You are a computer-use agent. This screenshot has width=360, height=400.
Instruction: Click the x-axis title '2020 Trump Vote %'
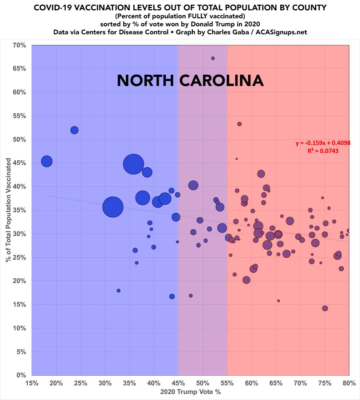pyautogui.click(x=190, y=392)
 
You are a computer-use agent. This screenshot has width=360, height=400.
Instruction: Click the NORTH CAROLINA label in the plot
pyautogui.click(x=190, y=81)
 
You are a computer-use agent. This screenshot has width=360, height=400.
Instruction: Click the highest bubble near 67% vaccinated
pyautogui.click(x=213, y=58)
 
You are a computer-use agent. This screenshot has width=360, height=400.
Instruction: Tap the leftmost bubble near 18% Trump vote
pyautogui.click(x=47, y=161)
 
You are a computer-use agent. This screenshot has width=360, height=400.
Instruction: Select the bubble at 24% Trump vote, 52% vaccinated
pyautogui.click(x=74, y=130)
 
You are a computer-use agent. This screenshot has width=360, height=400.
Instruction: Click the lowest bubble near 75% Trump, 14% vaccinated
pyautogui.click(x=325, y=308)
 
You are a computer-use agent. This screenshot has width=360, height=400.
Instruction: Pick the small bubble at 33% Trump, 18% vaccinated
pyautogui.click(x=118, y=291)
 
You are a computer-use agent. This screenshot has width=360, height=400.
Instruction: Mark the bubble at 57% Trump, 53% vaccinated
pyautogui.click(x=239, y=124)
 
